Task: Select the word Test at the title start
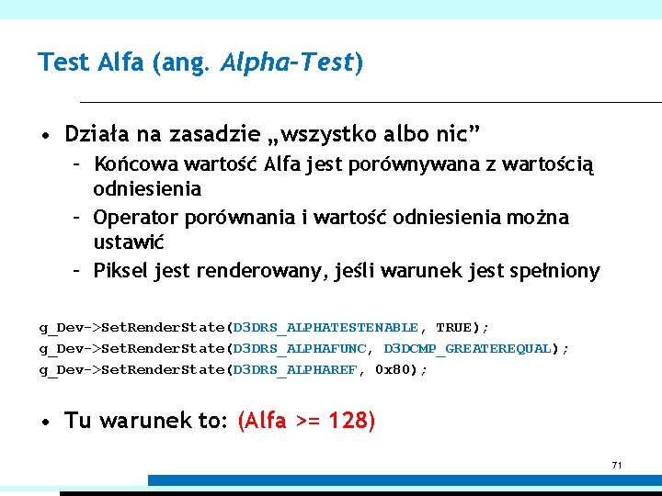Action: click(63, 62)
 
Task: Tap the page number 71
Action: click(617, 466)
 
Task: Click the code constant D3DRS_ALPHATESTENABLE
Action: click(325, 328)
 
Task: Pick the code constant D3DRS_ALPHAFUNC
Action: click(299, 349)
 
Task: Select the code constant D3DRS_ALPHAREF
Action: click(294, 370)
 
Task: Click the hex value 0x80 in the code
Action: click(398, 370)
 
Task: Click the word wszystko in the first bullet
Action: click(326, 135)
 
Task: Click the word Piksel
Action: click(121, 271)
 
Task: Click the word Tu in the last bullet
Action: click(77, 421)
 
